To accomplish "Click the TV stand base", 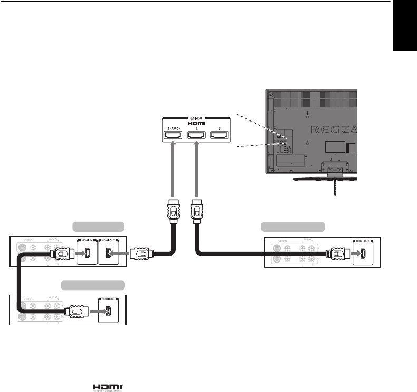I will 327,178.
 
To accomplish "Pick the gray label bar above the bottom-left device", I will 93,285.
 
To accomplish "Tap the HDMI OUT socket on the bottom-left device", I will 109,312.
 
